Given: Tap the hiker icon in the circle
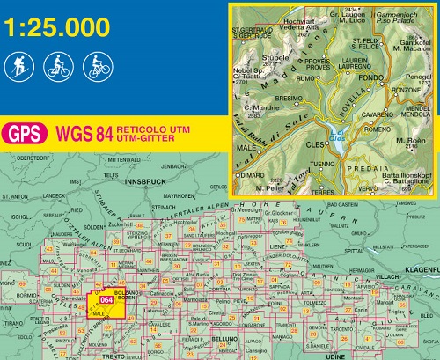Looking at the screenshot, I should (x=19, y=65).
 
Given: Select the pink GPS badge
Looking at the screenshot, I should (x=25, y=135).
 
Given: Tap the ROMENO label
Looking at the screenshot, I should (x=376, y=129).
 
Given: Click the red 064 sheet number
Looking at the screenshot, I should (x=106, y=300).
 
